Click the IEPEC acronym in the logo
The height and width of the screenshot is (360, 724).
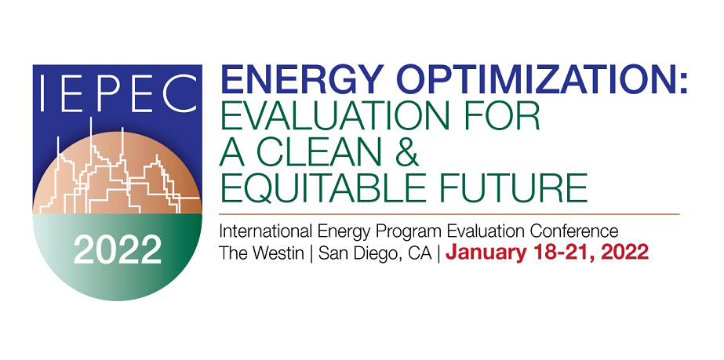point(118,94)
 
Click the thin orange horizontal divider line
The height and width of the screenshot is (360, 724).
point(449,214)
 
